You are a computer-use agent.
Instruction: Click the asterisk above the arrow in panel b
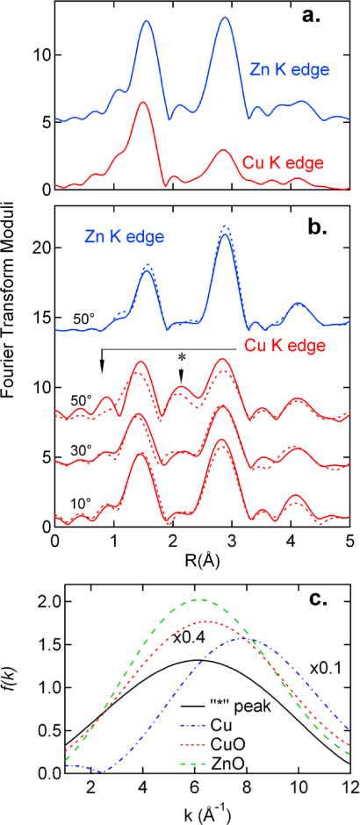[182, 357]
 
